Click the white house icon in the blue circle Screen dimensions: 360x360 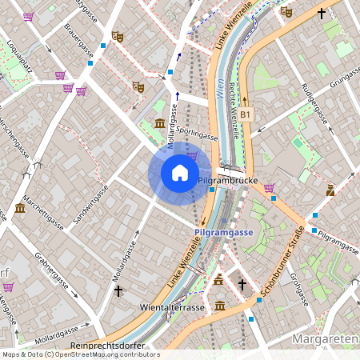tap(180, 173)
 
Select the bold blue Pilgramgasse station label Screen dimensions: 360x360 tap(224, 232)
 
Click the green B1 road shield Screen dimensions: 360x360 tap(246, 114)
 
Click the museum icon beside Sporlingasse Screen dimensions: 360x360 tap(160, 124)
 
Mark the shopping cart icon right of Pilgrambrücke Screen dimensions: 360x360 tap(270, 188)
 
